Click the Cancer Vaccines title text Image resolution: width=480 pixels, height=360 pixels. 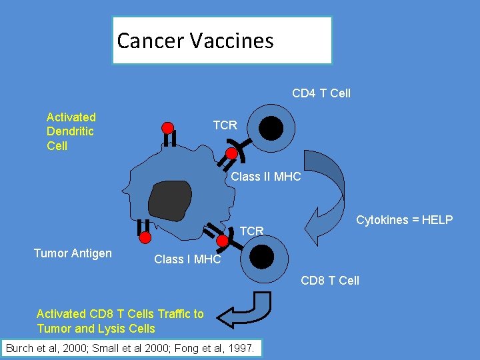pyautogui.click(x=195, y=41)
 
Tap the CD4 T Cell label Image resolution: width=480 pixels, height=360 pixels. pyautogui.click(x=321, y=93)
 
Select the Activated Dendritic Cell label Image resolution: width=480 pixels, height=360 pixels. pyautogui.click(x=71, y=131)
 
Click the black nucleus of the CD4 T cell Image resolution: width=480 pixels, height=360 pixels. pyautogui.click(x=271, y=128)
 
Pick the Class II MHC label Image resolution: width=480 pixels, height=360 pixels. pyautogui.click(x=265, y=177)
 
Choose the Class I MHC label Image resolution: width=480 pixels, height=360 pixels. pyautogui.click(x=187, y=259)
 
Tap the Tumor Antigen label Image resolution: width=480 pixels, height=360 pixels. pyautogui.click(x=73, y=253)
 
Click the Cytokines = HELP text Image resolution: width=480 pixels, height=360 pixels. pyautogui.click(x=404, y=220)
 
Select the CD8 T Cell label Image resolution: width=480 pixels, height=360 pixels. pyautogui.click(x=329, y=280)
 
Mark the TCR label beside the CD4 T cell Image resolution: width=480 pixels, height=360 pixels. pyautogui.click(x=225, y=125)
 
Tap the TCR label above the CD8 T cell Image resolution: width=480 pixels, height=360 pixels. pyautogui.click(x=251, y=231)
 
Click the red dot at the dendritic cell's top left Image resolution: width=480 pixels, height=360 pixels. pyautogui.click(x=168, y=127)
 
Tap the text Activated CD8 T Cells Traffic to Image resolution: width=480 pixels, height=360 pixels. pyautogui.click(x=120, y=314)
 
